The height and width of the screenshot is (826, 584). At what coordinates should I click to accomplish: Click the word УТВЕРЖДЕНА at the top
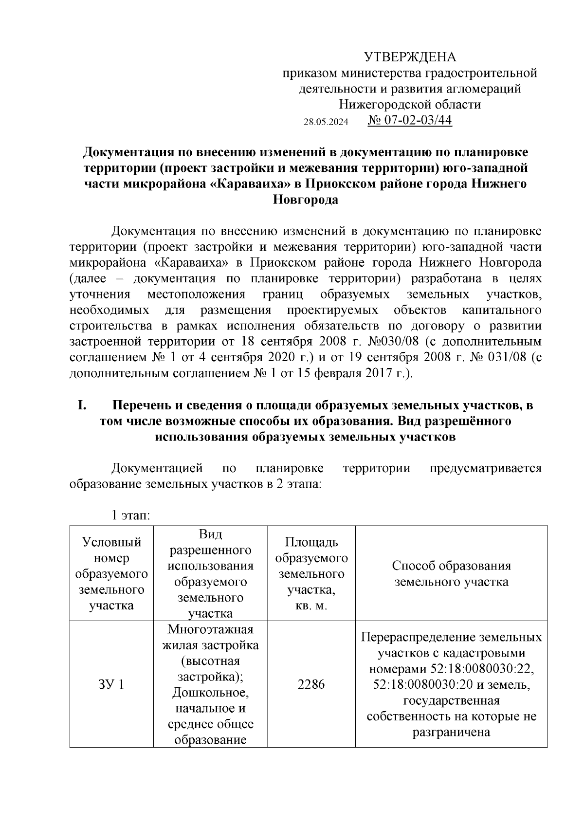(x=410, y=57)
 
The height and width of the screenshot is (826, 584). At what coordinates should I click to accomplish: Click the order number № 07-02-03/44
(x=410, y=120)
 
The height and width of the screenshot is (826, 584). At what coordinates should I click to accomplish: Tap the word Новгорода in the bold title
(x=305, y=200)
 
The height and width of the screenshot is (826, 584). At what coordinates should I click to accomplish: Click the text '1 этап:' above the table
(x=130, y=516)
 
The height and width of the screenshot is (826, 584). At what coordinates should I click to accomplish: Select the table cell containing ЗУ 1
(x=111, y=684)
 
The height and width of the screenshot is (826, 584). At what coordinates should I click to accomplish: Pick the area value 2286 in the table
(x=311, y=684)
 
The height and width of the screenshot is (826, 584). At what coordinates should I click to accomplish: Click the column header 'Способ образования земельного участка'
(x=451, y=573)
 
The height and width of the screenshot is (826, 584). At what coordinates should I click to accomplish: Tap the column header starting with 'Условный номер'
(x=111, y=573)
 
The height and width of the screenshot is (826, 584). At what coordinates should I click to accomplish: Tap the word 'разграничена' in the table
(x=451, y=732)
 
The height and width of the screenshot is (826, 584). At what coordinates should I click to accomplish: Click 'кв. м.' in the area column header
(x=311, y=606)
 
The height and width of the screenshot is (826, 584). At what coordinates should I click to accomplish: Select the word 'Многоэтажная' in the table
(x=210, y=629)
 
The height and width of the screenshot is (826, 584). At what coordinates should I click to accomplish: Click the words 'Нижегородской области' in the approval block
(x=410, y=104)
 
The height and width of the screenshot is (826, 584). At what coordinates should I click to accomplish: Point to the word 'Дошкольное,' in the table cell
(x=210, y=692)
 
